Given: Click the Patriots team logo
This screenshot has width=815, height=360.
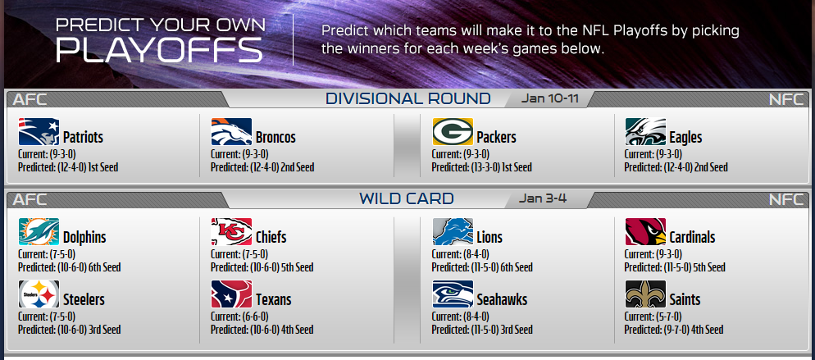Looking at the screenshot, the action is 39,132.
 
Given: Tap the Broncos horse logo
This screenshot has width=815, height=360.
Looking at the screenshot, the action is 231,132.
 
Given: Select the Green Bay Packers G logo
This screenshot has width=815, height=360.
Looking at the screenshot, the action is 453,132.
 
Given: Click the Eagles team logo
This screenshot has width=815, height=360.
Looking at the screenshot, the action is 645,132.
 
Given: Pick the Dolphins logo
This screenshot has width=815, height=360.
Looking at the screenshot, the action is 39,232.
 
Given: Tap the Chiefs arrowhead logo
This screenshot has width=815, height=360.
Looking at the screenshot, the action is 231,232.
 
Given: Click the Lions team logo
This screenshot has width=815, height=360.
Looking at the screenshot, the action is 453,232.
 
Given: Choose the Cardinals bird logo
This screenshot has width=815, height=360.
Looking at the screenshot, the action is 645,232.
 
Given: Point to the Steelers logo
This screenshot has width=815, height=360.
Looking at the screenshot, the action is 39,294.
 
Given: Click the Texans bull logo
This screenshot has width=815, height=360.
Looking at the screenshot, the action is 231,294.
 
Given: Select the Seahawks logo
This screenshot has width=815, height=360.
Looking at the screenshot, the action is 453,294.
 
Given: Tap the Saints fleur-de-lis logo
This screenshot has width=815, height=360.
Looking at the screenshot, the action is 645,294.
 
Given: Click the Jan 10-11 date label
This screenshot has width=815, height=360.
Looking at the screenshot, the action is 549,98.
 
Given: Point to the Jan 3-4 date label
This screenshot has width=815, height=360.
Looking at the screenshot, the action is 542,198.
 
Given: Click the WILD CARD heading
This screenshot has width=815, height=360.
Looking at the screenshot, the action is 407,198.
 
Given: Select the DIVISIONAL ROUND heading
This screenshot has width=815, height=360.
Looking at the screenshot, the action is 408,98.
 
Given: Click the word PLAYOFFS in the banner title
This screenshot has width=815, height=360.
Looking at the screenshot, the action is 159,50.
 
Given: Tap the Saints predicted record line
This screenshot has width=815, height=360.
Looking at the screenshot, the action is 673,330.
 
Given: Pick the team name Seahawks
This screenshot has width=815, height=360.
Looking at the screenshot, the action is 502,300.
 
